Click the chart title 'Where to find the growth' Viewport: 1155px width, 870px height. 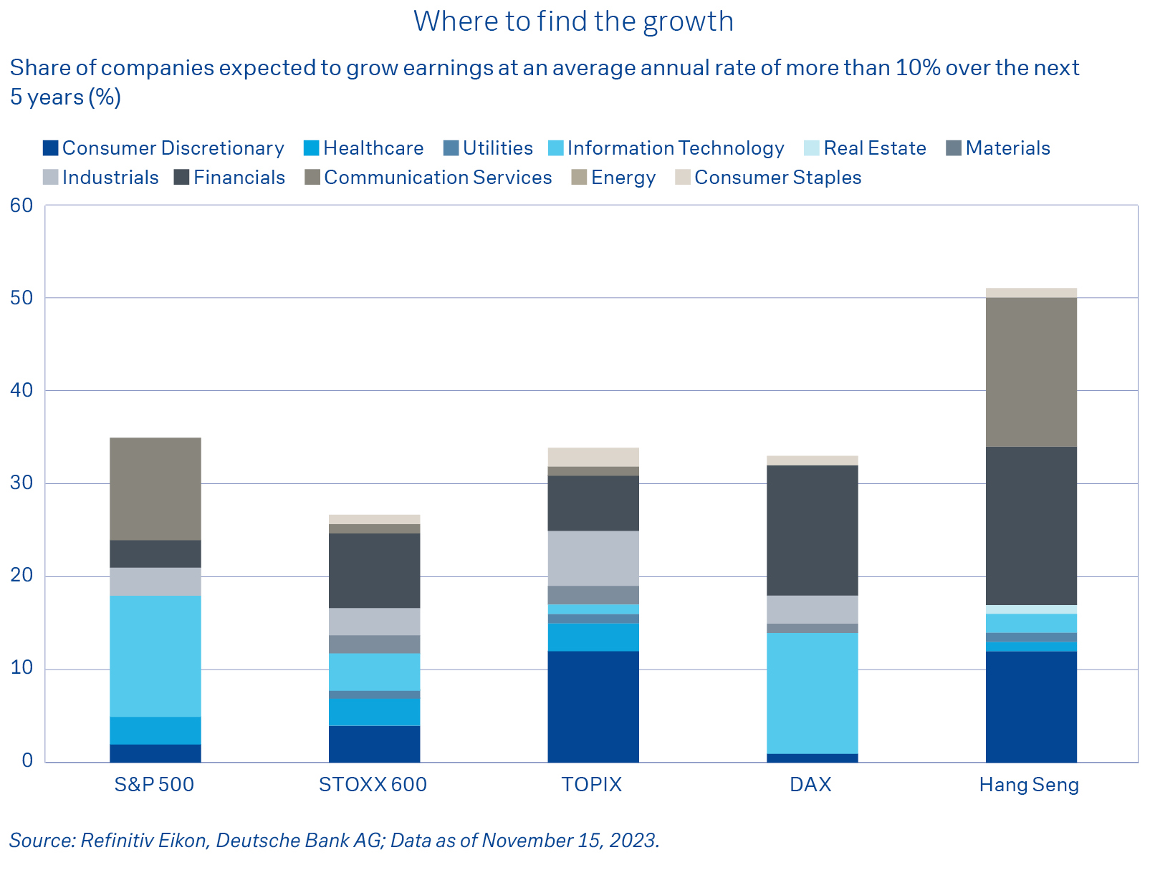tap(573, 21)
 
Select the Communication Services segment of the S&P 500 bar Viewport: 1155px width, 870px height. tap(155, 488)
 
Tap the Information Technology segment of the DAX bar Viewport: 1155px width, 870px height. tap(812, 693)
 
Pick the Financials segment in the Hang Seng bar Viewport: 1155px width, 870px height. tap(1031, 526)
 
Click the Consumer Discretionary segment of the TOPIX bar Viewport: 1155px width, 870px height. tap(593, 707)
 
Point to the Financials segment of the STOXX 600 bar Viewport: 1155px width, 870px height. tap(374, 571)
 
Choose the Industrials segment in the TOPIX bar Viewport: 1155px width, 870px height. tap(593, 559)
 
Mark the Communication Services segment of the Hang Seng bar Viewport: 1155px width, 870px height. tap(1031, 372)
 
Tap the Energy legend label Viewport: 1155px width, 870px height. tap(623, 178)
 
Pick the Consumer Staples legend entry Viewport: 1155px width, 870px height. tap(777, 178)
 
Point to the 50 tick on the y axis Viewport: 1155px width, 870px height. tap(21, 298)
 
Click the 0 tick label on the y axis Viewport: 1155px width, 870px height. tap(27, 761)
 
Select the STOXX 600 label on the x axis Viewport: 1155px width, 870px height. tap(373, 785)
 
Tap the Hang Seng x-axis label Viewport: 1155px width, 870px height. tap(1029, 785)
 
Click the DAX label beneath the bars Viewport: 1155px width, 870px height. tap(810, 785)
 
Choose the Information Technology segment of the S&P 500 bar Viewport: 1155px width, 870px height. tap(155, 656)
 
